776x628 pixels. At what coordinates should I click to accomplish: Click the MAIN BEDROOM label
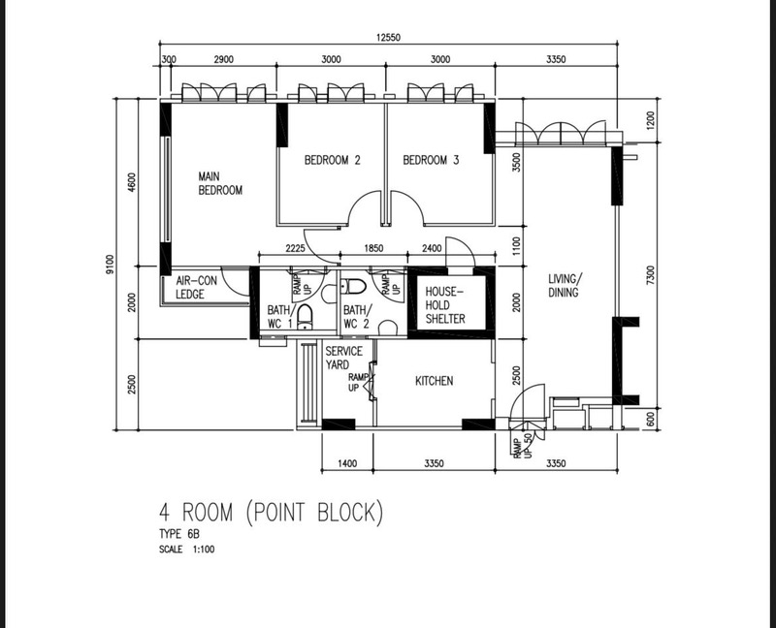click(220, 183)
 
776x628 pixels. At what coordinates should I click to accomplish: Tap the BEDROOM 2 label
click(332, 160)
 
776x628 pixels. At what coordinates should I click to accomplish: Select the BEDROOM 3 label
click(431, 160)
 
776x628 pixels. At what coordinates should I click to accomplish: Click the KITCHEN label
click(434, 381)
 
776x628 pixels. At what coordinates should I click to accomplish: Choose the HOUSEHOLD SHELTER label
click(445, 305)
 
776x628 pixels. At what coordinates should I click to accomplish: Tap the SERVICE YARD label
click(344, 358)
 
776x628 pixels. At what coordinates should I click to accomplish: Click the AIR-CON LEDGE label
click(197, 287)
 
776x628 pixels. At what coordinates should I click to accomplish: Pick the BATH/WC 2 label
click(357, 317)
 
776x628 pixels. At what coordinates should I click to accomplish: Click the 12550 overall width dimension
click(388, 38)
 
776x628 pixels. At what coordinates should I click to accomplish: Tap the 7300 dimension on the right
click(650, 275)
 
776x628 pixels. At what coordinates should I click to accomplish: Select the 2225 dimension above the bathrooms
click(295, 248)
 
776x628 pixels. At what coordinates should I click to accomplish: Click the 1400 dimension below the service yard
click(347, 463)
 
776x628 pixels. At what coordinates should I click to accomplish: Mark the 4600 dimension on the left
click(131, 182)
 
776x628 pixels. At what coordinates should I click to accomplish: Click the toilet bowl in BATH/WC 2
click(353, 286)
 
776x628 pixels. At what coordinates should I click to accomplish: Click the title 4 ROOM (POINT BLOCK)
click(272, 513)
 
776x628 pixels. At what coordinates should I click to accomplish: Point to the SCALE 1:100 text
click(186, 549)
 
